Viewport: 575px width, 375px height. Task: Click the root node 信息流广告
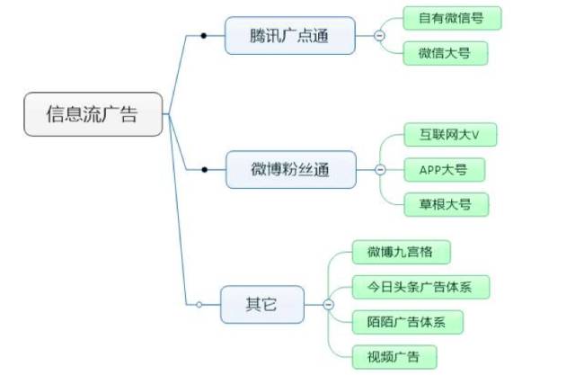tap(93, 114)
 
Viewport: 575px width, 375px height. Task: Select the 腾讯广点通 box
tap(289, 36)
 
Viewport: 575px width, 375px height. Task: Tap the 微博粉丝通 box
tap(289, 169)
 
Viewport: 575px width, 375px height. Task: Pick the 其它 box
tap(261, 306)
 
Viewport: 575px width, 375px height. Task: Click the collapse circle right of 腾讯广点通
tap(379, 36)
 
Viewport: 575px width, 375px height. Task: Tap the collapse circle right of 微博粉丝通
tap(380, 169)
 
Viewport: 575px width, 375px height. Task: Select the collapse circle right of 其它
tap(328, 306)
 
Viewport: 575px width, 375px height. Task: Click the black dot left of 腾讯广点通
tap(205, 36)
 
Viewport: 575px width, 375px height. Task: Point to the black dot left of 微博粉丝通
tap(205, 169)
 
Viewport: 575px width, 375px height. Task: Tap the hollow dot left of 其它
tap(199, 306)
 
